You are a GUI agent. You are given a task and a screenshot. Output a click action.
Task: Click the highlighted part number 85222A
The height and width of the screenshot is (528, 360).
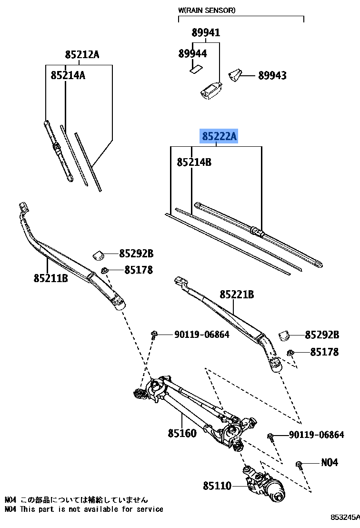(219, 137)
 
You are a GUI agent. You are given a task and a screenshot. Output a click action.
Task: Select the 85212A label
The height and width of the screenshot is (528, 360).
(82, 55)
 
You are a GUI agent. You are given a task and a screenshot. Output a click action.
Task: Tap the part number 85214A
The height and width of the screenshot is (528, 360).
(68, 75)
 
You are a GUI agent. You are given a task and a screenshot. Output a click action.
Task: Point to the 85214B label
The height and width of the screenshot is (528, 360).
(194, 162)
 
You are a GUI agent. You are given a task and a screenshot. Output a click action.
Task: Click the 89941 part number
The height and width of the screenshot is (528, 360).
(206, 33)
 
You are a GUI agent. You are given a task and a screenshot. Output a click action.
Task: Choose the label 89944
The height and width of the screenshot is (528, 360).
(192, 54)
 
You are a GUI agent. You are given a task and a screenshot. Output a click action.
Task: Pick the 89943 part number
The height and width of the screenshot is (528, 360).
(272, 75)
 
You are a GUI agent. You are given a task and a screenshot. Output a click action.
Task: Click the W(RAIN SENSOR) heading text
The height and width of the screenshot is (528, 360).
(207, 10)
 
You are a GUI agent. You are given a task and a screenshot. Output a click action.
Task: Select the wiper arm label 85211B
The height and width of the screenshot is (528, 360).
(50, 278)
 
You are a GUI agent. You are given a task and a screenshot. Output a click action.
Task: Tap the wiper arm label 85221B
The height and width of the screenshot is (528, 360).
(237, 295)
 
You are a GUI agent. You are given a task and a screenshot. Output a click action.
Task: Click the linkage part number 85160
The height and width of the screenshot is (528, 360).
(182, 434)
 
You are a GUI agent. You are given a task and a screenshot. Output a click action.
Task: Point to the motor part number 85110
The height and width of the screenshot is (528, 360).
(217, 486)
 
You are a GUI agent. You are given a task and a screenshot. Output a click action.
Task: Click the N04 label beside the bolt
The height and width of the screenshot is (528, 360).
(329, 462)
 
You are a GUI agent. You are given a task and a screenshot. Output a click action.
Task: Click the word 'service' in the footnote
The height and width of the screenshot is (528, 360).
(150, 509)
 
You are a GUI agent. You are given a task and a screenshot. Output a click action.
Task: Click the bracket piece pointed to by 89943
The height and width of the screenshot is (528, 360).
(235, 75)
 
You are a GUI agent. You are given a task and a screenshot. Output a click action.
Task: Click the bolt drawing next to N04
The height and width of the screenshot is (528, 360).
(299, 465)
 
